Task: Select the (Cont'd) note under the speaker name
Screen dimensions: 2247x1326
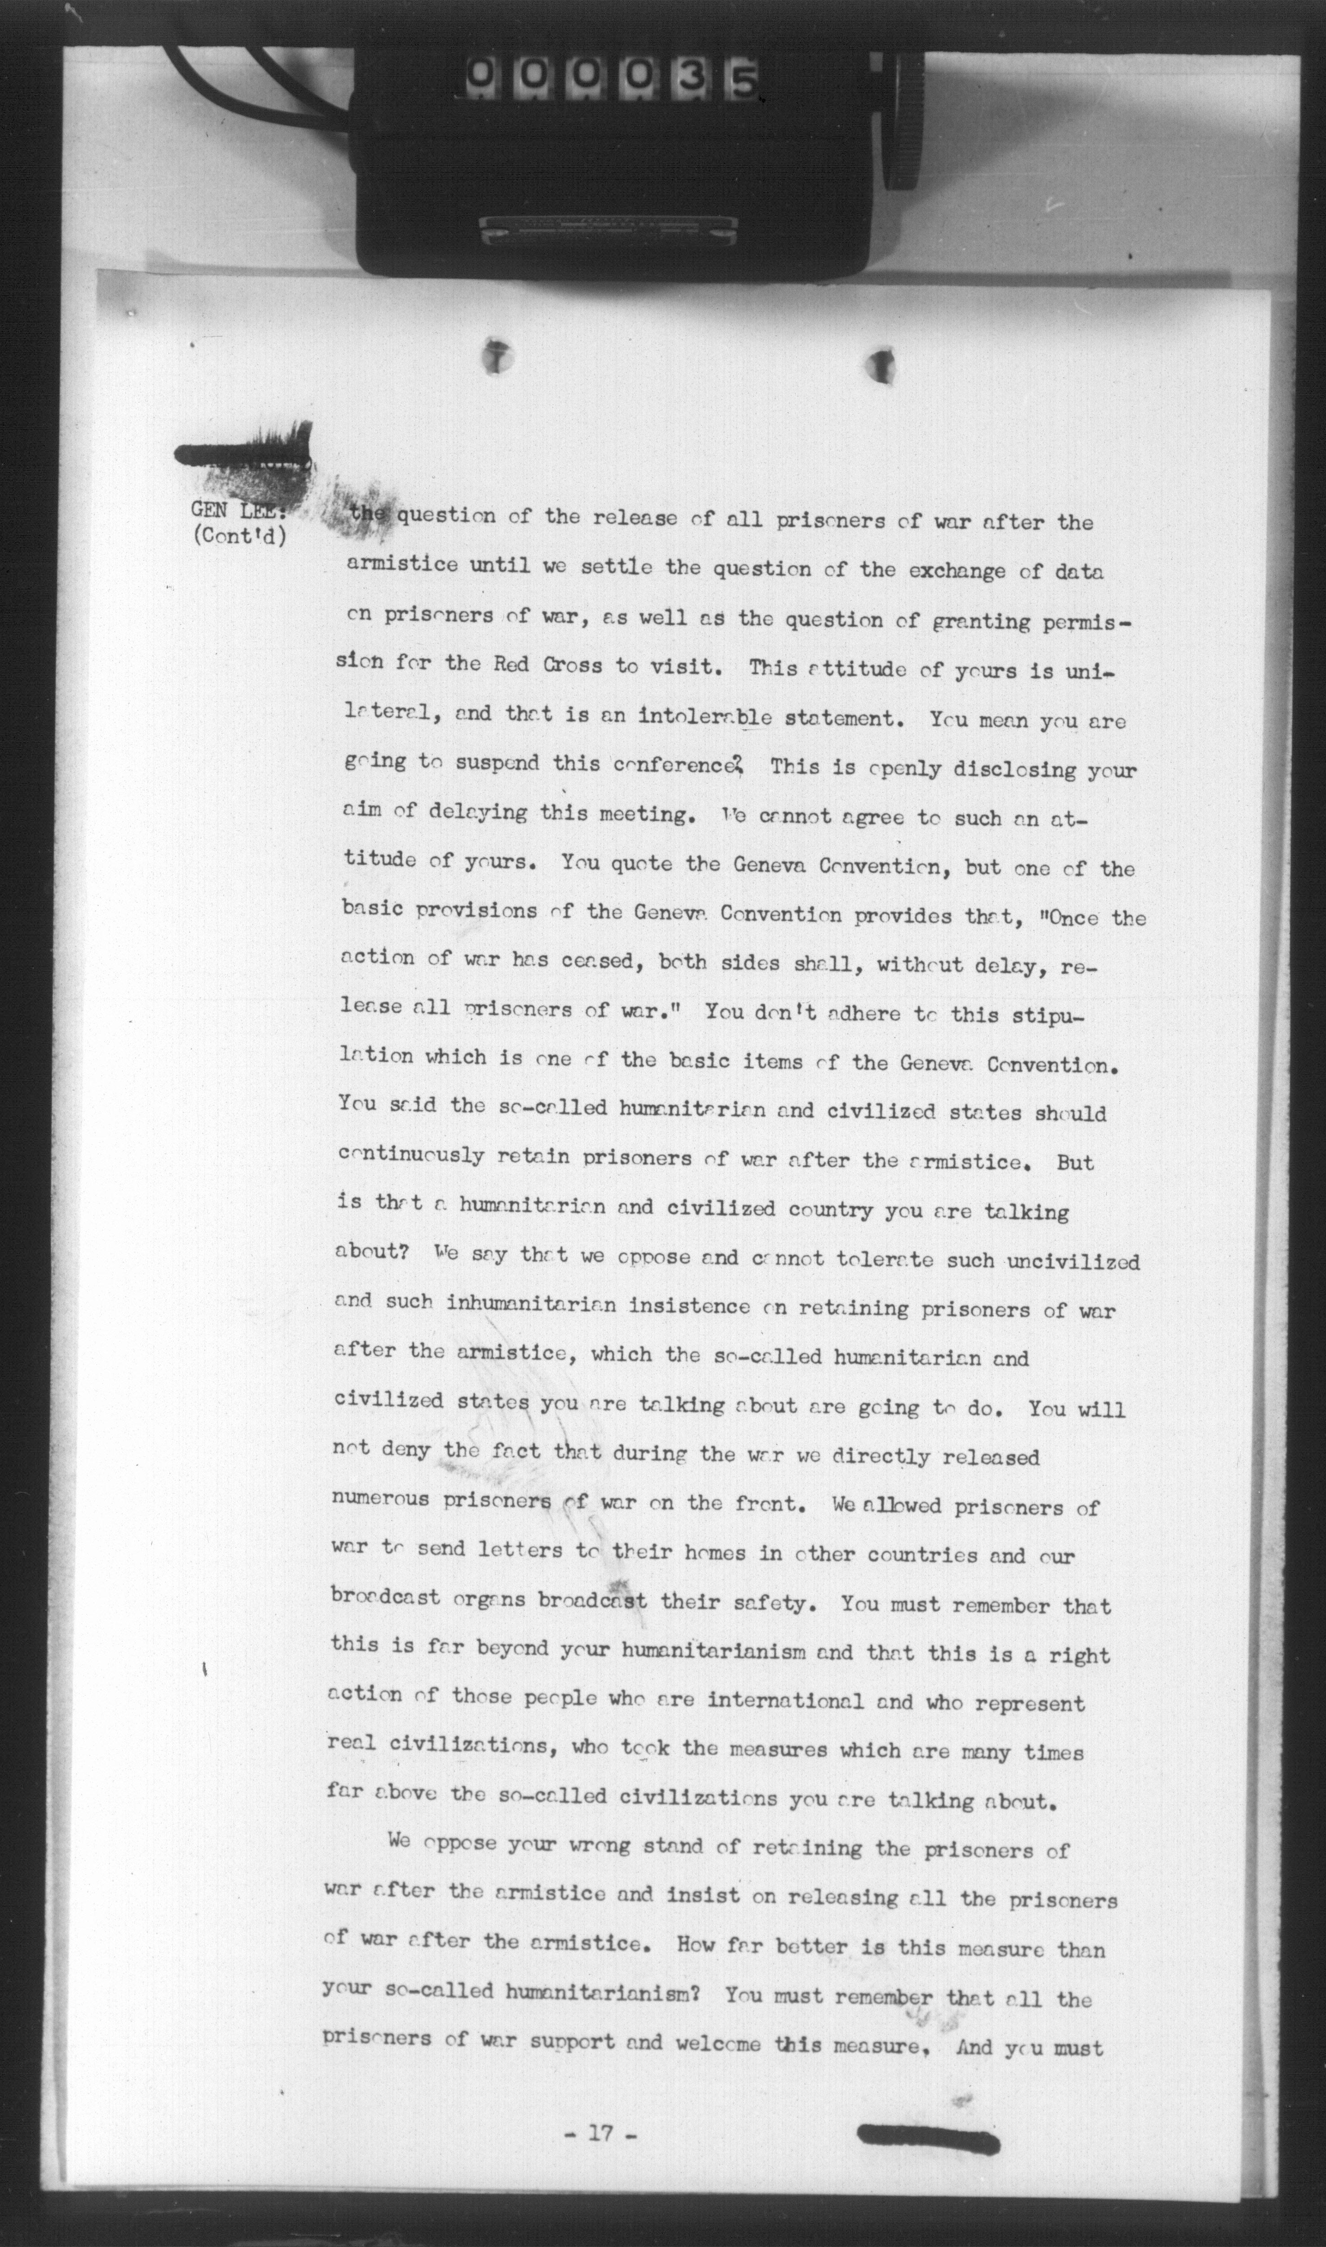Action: [x=239, y=540]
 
